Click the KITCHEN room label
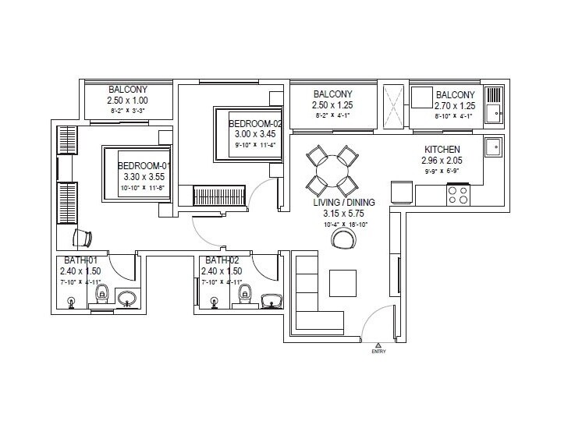pos(442,150)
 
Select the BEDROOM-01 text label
pos(144,166)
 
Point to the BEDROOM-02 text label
pos(254,123)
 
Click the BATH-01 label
pos(80,260)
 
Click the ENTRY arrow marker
pos(378,344)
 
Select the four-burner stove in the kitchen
pos(457,194)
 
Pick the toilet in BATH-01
pos(101,295)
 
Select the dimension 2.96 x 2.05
pos(442,161)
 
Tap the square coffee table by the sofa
pos(343,281)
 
